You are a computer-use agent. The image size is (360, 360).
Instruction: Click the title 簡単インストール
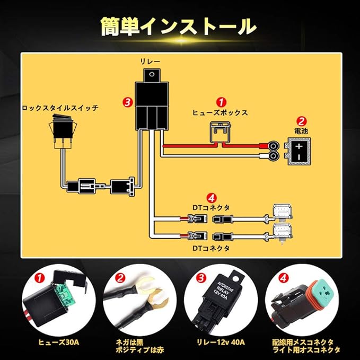pyautogui.click(x=179, y=27)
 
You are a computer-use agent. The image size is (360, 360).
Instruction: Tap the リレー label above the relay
pyautogui.click(x=150, y=62)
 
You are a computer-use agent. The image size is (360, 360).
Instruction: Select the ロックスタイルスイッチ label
pyautogui.click(x=60, y=108)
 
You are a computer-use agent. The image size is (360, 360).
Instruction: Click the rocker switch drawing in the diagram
pyautogui.click(x=63, y=131)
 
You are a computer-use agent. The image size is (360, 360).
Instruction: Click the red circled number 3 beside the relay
pyautogui.click(x=128, y=102)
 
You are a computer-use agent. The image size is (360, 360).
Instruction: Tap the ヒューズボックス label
pyautogui.click(x=220, y=112)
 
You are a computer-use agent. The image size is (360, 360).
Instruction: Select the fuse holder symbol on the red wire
pyautogui.click(x=220, y=133)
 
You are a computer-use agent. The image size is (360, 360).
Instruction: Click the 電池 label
pyautogui.click(x=301, y=131)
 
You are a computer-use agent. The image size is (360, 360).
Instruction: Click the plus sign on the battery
pyautogui.click(x=298, y=146)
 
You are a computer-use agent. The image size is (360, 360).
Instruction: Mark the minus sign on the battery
pyautogui.click(x=299, y=157)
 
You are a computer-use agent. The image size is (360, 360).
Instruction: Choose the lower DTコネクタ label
pyautogui.click(x=211, y=248)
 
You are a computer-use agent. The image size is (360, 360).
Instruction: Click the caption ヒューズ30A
pyautogui.click(x=59, y=343)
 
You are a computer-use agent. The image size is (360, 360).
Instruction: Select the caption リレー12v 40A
pyautogui.click(x=221, y=343)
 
